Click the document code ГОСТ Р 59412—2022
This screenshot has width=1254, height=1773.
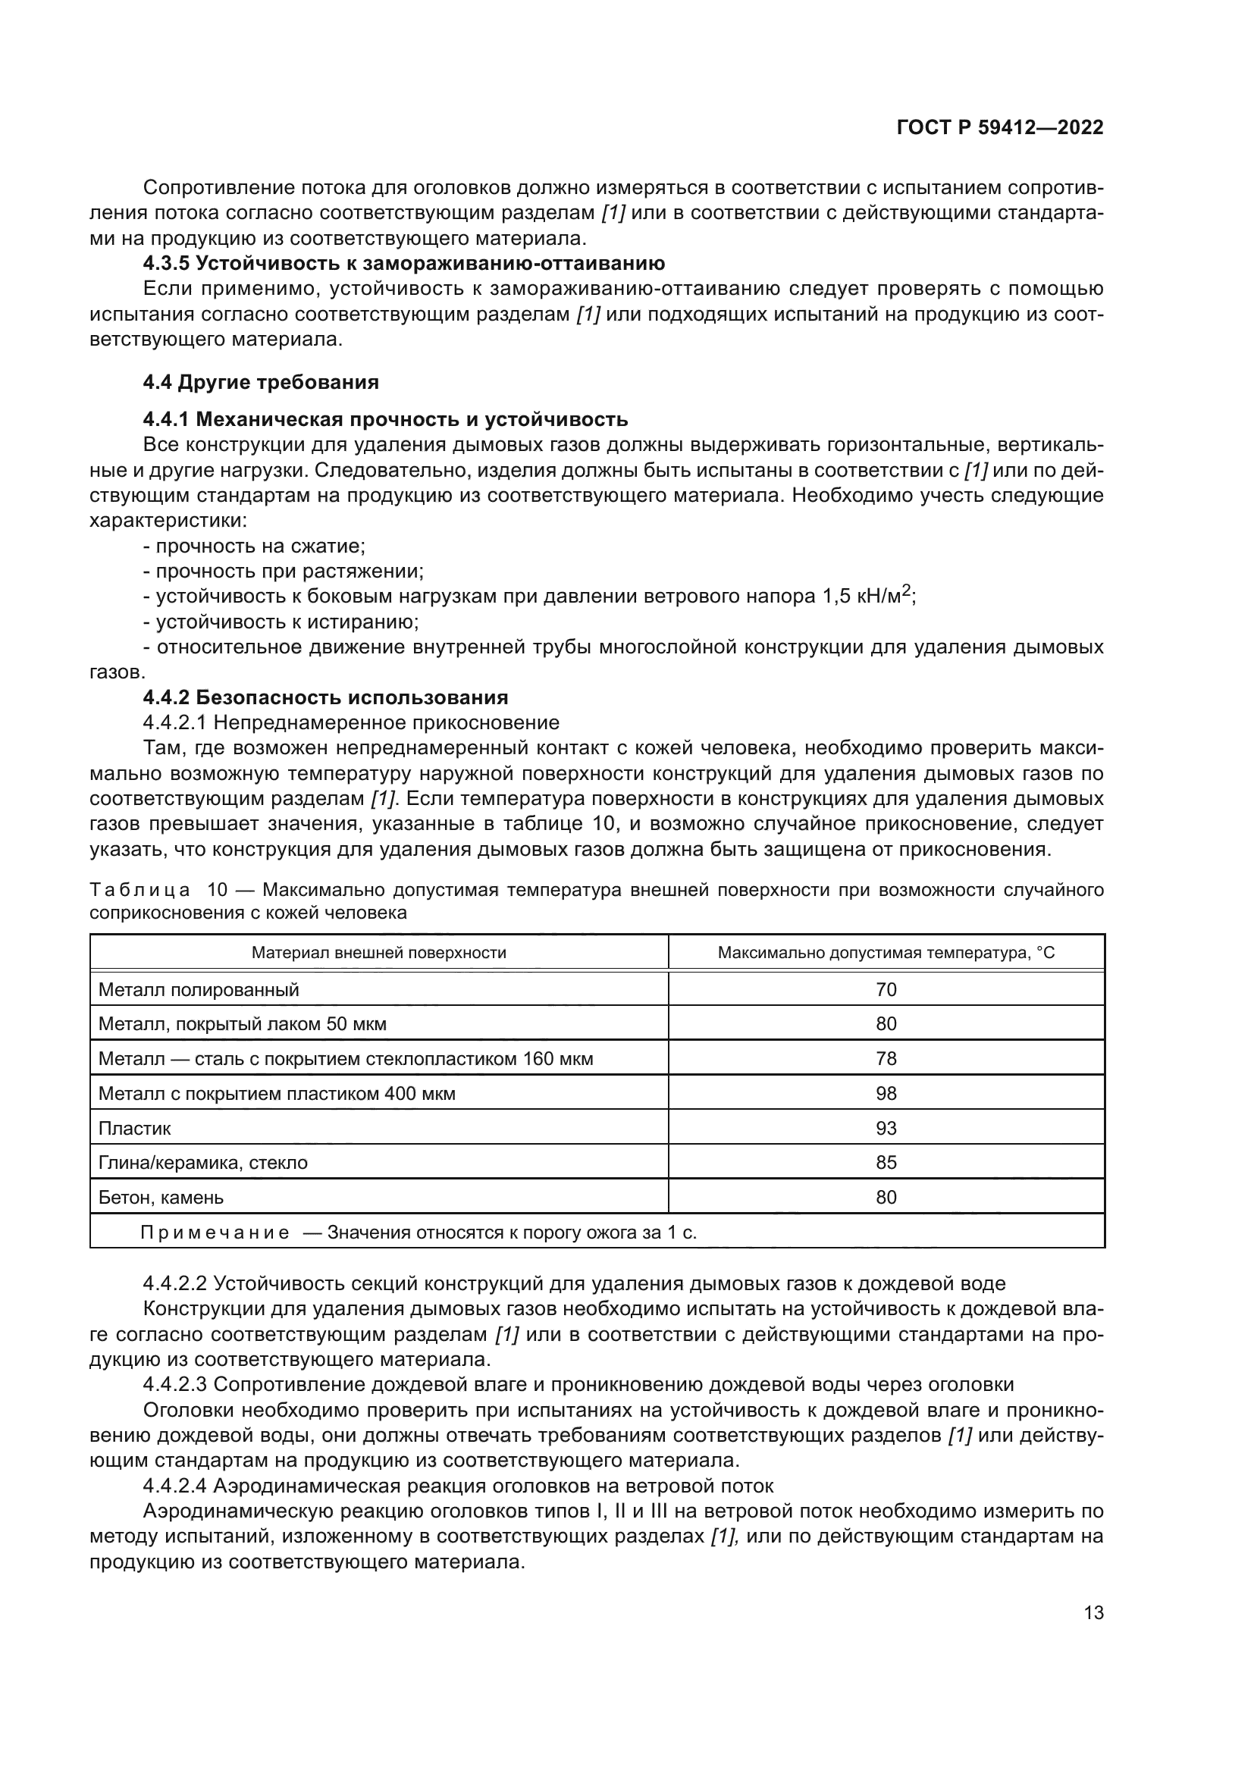[1000, 128]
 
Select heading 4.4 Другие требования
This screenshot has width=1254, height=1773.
[260, 382]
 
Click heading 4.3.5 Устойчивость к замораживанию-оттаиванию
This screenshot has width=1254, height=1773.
[403, 263]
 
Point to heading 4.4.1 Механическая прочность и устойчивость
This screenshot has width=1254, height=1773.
[384, 419]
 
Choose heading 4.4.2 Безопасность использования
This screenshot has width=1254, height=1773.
[325, 697]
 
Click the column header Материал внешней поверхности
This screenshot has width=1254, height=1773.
[378, 952]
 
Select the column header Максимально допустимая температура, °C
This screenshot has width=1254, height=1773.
[886, 952]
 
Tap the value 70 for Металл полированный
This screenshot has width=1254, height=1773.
[886, 989]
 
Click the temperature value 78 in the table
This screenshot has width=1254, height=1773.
[886, 1058]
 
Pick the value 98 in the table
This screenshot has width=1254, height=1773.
[886, 1094]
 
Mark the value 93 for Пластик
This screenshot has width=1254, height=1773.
[886, 1128]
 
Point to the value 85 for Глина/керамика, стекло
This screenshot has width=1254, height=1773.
[886, 1162]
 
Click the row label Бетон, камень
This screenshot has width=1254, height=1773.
[161, 1197]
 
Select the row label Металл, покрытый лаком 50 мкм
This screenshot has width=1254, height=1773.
[242, 1024]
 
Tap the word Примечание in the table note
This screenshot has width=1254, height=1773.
[215, 1233]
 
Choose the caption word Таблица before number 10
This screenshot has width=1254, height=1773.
[140, 891]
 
